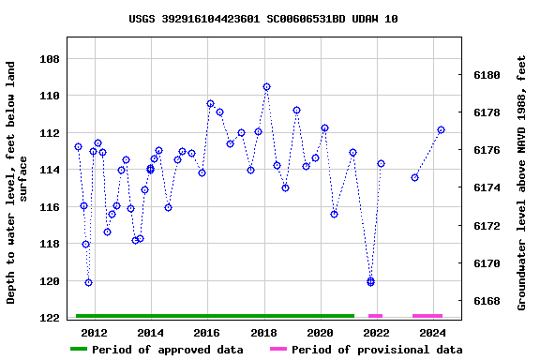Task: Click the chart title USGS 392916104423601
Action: click(x=262, y=19)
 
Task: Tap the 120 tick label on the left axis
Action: click(x=49, y=281)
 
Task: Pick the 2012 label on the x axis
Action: click(x=94, y=333)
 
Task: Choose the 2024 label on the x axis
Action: click(x=432, y=333)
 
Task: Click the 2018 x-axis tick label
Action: click(x=263, y=333)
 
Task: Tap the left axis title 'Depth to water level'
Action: click(x=18, y=183)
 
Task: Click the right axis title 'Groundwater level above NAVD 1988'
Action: click(x=522, y=183)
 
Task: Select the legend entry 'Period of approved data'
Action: click(x=157, y=350)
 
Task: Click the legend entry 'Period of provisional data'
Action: click(x=367, y=350)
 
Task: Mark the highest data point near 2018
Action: click(x=266, y=87)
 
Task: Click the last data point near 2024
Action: click(x=441, y=130)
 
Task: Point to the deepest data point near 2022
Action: click(x=370, y=281)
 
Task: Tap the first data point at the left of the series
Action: click(x=78, y=147)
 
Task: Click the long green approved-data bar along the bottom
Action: click(x=215, y=316)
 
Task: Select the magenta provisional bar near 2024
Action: click(x=427, y=316)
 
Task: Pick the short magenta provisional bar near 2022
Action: click(x=375, y=316)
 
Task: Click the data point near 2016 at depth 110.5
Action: click(x=210, y=104)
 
